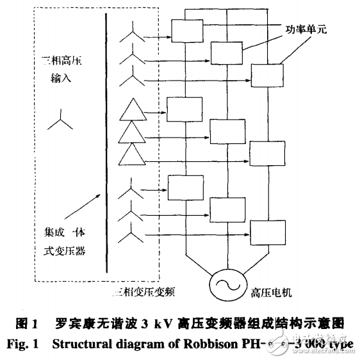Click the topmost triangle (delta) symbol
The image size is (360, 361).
pyautogui.click(x=132, y=110)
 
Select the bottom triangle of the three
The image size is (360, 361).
pyautogui.click(x=132, y=152)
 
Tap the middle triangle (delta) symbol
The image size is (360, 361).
pyautogui.click(x=132, y=131)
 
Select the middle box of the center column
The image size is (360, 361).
pyautogui.click(x=226, y=131)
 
